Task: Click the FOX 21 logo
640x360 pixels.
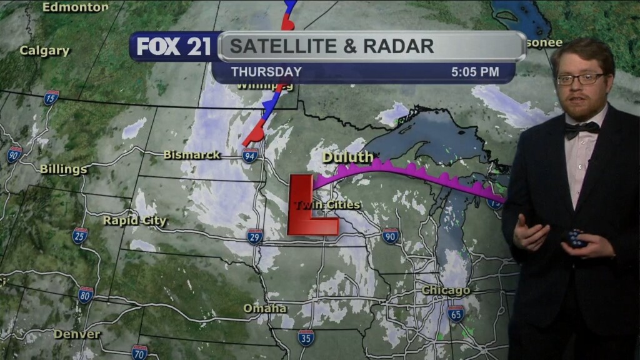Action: coord(174,47)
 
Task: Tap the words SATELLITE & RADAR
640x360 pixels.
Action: coord(331,46)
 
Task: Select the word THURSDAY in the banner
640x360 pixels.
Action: coord(266,72)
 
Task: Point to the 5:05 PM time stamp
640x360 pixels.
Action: coord(475,72)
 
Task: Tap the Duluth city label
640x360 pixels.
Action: coord(347,157)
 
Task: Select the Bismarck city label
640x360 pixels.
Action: coord(192,154)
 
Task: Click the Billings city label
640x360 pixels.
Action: coord(63,169)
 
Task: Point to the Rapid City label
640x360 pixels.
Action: coord(135,221)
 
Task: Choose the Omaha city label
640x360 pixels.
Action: coord(265,308)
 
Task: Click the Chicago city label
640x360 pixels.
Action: coord(446,291)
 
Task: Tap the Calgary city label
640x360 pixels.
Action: coord(44,51)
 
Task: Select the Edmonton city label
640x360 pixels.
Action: coord(75,7)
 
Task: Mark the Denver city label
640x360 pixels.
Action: coord(77,334)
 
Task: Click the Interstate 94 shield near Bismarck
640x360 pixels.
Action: coord(250,156)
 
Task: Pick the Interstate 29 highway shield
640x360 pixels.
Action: coord(254,236)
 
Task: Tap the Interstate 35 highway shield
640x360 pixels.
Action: coord(306,338)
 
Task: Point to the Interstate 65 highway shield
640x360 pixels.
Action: coord(456,313)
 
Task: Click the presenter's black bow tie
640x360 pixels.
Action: coord(582,129)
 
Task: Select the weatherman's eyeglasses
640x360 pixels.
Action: coord(581,79)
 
